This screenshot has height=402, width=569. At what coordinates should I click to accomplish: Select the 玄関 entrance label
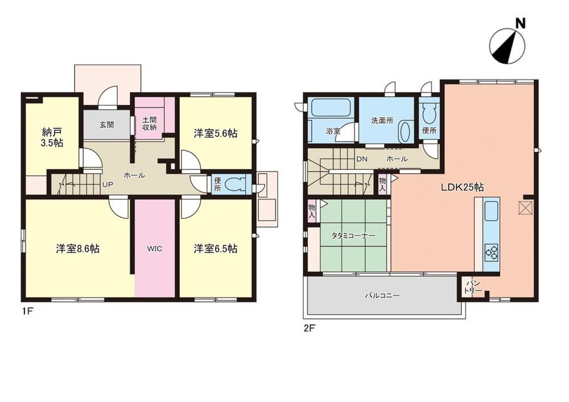107,125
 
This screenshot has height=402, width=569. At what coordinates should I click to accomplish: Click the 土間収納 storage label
149,123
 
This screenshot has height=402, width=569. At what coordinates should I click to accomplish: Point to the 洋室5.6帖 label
216,134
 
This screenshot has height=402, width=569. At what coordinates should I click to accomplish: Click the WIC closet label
155,248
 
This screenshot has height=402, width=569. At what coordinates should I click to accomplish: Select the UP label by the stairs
108,184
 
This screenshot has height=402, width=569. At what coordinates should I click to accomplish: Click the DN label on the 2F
362,159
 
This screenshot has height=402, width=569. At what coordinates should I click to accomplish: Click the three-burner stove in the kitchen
492,252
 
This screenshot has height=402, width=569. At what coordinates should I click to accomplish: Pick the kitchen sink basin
492,212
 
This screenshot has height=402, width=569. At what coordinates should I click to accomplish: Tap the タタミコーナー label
353,236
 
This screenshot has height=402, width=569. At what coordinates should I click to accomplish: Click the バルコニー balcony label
382,296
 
